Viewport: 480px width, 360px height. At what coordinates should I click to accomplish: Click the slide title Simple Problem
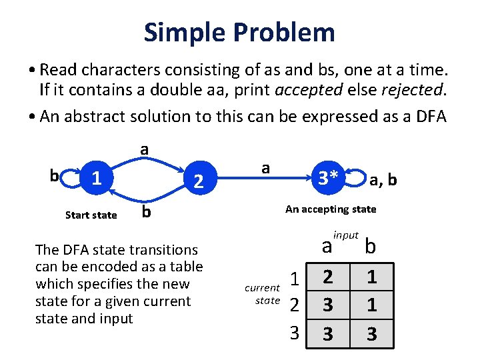pos(239,32)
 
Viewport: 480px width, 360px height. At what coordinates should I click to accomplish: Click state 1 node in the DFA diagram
pos(97,177)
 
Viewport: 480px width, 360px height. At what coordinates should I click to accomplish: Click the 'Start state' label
pos(91,215)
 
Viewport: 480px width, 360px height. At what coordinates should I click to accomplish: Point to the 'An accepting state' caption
pos(331,209)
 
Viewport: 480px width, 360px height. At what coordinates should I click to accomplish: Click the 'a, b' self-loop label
pos(383,181)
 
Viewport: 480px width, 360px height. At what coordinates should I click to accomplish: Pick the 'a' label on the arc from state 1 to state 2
pos(143,149)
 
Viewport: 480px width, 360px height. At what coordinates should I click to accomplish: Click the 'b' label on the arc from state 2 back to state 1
pos(145,212)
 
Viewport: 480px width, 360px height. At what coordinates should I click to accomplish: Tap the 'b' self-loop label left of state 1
pos(54,176)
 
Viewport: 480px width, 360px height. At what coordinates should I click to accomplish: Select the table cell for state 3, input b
pos(371,333)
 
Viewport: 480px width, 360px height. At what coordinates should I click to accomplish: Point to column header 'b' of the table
pos(370,247)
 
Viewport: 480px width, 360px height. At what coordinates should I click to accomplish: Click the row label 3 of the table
pos(294,332)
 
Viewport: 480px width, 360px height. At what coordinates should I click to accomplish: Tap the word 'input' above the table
pos(346,235)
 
